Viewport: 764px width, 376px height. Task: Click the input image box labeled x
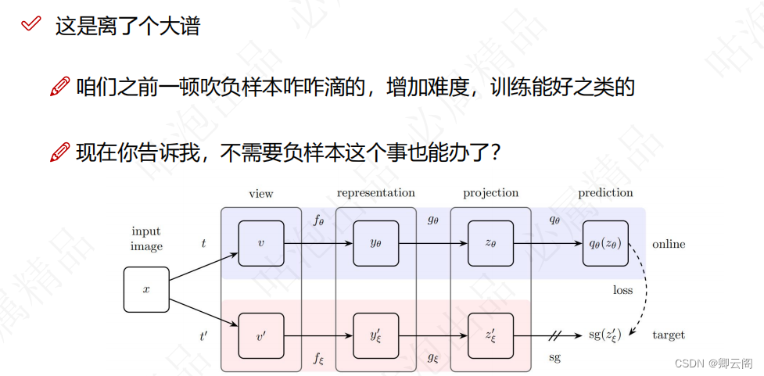[x=146, y=289]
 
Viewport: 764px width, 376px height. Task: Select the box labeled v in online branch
[x=260, y=243]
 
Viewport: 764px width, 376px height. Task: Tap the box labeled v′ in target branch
[x=260, y=335]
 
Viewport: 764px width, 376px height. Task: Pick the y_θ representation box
[x=375, y=243]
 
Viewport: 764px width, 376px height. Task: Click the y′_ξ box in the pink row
[x=375, y=335]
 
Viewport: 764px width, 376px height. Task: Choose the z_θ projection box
[x=491, y=243]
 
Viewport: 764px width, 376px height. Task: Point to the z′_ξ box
[x=491, y=335]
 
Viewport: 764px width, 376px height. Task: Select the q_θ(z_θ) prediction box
[x=605, y=243]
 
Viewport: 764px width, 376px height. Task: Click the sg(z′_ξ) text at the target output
[x=604, y=335]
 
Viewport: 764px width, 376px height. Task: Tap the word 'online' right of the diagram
[x=669, y=244]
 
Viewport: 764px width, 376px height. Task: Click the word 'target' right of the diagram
[x=669, y=335]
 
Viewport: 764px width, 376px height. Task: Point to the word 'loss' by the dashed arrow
[x=622, y=290]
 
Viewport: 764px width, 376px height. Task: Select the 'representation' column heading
[x=375, y=192]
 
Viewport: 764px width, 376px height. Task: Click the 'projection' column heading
[x=490, y=193]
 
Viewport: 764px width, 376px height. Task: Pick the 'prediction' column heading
[x=605, y=193]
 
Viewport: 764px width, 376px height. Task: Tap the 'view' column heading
[x=260, y=193]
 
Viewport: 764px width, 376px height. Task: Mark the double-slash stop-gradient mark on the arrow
[x=555, y=335]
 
